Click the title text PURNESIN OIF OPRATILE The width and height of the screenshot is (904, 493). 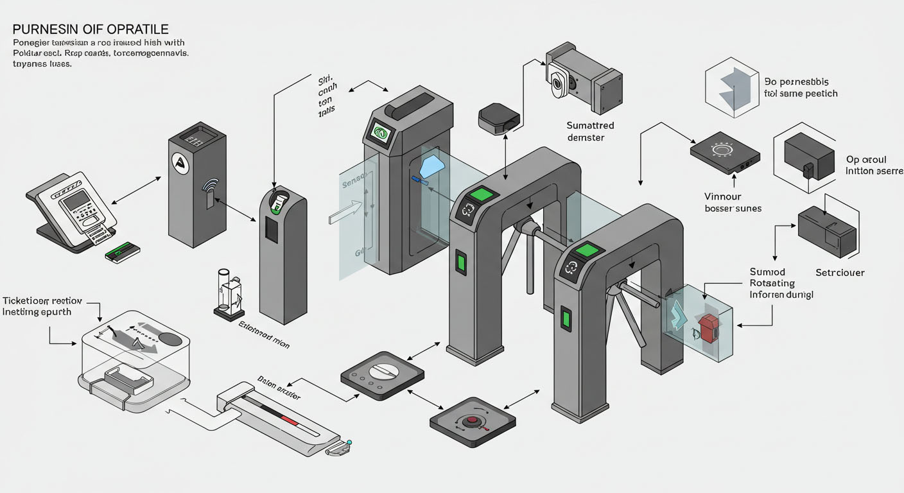click(x=90, y=30)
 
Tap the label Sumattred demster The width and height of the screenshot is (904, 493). click(x=590, y=132)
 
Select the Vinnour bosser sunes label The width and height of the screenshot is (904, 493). click(x=732, y=202)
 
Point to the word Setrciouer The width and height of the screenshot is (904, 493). click(x=840, y=273)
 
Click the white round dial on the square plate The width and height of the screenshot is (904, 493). click(x=382, y=372)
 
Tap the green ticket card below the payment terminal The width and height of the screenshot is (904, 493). click(x=123, y=252)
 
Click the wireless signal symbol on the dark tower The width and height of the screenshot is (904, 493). click(x=210, y=186)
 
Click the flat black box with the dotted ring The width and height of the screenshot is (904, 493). click(x=724, y=153)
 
